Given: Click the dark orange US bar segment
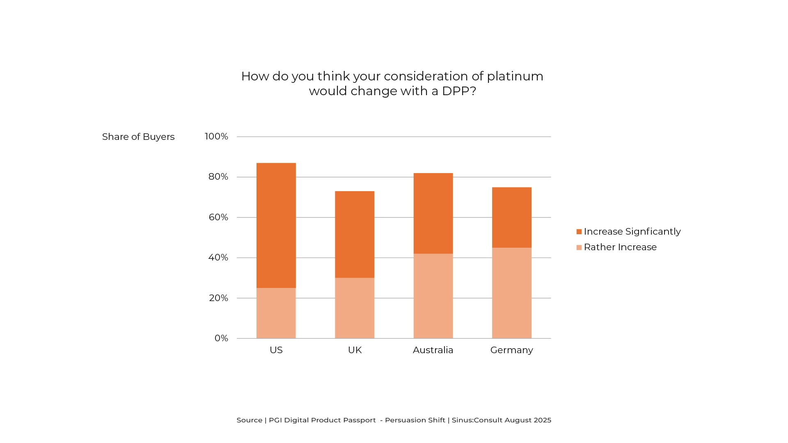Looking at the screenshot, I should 276,225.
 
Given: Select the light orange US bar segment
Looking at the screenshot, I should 276,313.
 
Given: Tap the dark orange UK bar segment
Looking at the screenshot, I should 355,234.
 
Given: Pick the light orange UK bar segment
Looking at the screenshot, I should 355,308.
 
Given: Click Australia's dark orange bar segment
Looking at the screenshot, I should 433,213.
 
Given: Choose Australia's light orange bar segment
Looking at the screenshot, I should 433,296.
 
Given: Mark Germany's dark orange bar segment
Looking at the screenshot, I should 511,217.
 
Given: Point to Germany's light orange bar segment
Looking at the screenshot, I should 511,293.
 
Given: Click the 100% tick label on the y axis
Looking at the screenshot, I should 216,137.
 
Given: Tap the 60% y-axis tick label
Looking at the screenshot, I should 218,217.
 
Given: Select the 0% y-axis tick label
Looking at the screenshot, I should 221,338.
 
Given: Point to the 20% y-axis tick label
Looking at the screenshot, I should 218,298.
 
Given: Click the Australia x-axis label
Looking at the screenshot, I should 433,350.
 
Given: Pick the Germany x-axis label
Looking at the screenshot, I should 511,350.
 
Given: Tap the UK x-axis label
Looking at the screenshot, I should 355,350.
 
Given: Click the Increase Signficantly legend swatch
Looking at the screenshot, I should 579,232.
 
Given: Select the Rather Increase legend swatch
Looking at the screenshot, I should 579,247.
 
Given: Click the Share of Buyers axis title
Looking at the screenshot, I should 138,137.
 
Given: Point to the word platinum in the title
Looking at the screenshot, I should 515,77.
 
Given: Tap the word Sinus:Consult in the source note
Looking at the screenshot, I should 477,420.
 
